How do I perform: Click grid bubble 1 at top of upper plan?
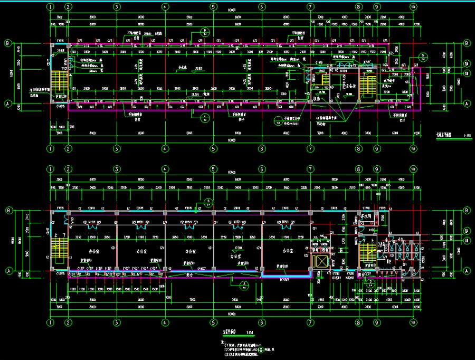50,7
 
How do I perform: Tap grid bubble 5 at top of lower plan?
213,169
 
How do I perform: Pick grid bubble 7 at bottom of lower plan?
310,322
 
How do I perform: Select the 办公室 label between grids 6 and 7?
288,251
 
